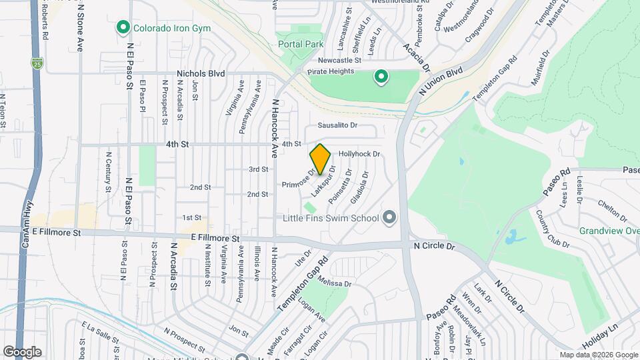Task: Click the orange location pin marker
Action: click(320, 159)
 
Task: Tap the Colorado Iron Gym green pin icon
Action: click(123, 27)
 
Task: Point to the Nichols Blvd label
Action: click(201, 73)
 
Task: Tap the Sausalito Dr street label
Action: click(337, 125)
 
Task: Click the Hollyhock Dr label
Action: click(359, 153)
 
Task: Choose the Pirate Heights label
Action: click(329, 71)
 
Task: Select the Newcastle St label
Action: click(339, 59)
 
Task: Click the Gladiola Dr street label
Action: click(359, 190)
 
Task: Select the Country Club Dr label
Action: click(553, 229)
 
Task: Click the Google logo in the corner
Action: click(22, 352)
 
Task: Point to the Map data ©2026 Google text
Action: click(598, 355)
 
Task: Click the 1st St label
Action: click(192, 217)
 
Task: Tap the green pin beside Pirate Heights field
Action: click(381, 77)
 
